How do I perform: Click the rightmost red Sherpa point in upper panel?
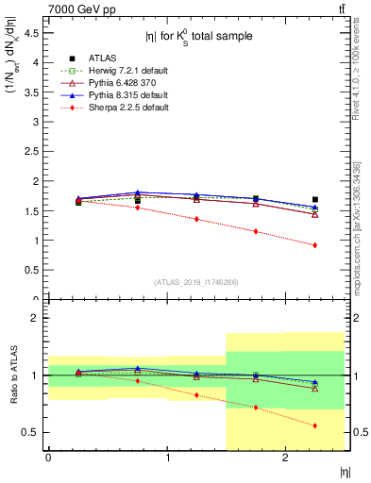pyautogui.click(x=314, y=245)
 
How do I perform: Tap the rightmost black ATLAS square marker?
pyautogui.click(x=314, y=199)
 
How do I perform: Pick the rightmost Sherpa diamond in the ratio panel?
pyautogui.click(x=314, y=425)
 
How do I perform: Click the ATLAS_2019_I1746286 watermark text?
pyautogui.click(x=196, y=282)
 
